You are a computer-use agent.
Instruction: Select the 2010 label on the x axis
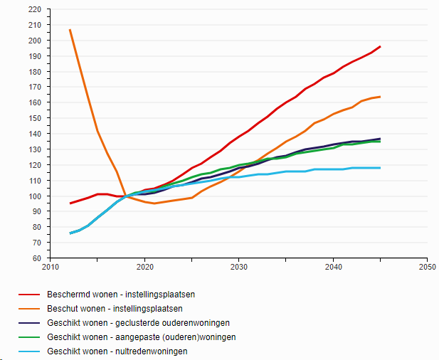[51, 268]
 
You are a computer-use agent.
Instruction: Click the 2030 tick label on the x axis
[238, 268]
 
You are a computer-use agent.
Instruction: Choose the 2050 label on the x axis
[427, 268]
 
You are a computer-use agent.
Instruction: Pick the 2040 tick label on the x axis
[333, 268]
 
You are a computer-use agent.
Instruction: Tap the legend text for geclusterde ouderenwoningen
[129, 322]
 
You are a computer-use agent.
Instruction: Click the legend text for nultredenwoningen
[117, 351]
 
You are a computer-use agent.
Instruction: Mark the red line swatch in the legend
[28, 294]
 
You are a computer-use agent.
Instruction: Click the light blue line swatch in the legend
[28, 351]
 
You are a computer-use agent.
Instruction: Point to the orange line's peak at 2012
[70, 30]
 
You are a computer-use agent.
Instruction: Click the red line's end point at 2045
[381, 46]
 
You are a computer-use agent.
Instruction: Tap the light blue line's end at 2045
[381, 168]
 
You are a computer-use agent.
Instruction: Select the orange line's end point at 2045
[381, 97]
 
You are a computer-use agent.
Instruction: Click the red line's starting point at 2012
[70, 203]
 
